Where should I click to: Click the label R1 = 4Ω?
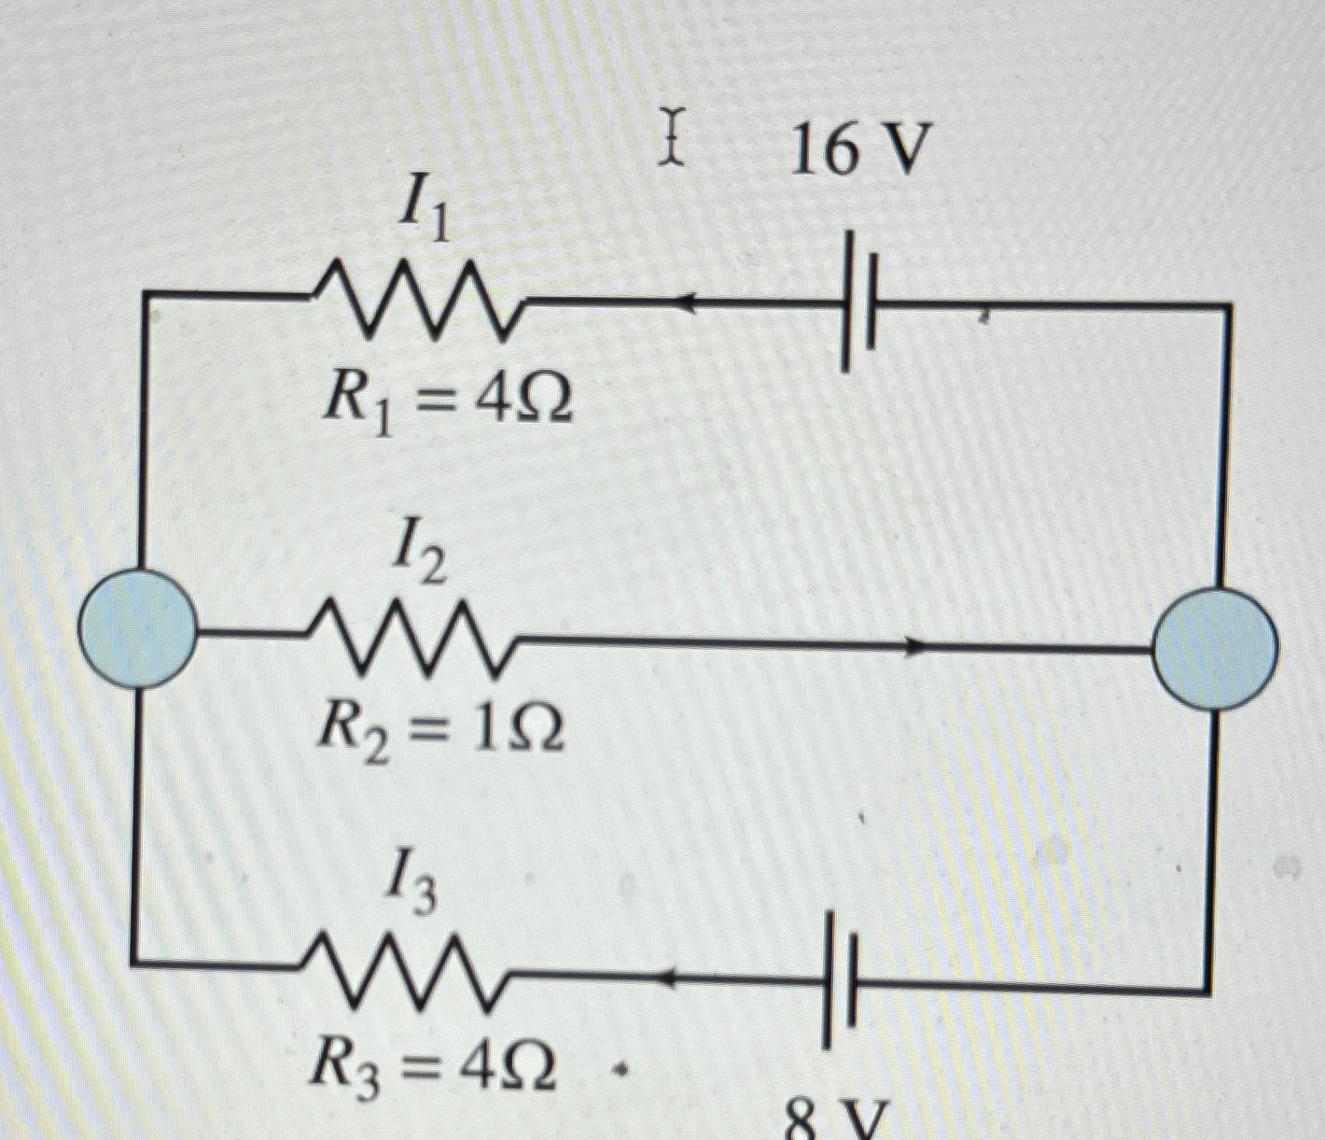(x=446, y=401)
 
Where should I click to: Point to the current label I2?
(x=417, y=556)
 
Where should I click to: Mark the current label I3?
(x=411, y=890)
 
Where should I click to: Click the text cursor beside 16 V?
(x=670, y=137)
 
